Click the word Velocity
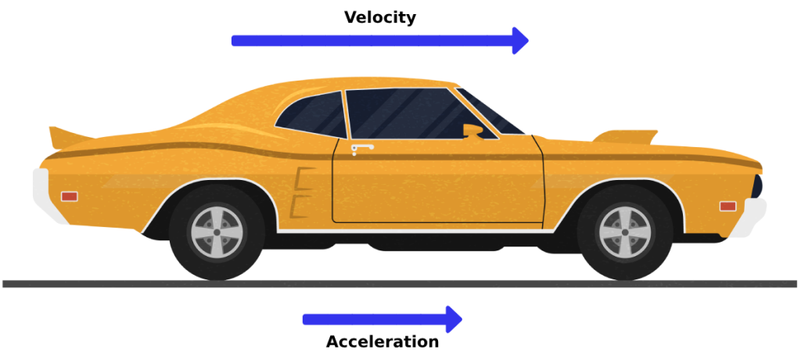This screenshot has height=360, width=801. (380, 18)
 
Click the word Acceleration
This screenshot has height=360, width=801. (382, 341)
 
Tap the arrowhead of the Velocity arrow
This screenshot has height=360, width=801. (520, 41)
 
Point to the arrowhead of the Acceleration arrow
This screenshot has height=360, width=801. (454, 319)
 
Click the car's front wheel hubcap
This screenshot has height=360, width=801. (625, 232)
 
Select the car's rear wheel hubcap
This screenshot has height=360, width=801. (217, 232)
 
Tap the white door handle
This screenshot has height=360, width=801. (362, 148)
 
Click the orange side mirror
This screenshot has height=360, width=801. (472, 131)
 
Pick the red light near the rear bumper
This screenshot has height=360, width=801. (70, 196)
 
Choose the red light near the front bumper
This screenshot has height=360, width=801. (728, 207)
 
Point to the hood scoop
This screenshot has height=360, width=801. (626, 137)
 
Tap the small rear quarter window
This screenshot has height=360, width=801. (314, 115)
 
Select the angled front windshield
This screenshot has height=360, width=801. (490, 111)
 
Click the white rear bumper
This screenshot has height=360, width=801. (47, 196)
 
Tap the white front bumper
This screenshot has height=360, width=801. (749, 218)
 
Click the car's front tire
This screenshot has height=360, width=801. (625, 232)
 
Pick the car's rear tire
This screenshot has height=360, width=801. (217, 232)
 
